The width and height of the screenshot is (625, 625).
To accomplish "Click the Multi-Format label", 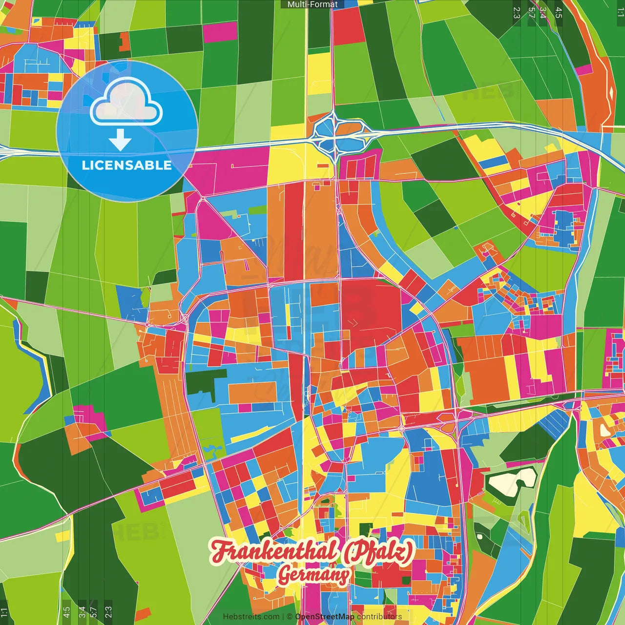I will point(312,4).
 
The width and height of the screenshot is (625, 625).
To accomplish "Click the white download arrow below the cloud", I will point(120,140).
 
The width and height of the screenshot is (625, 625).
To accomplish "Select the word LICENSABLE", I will point(126,165).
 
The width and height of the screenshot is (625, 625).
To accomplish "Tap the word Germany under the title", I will point(314,575).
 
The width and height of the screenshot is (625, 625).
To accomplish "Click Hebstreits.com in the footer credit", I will point(251,617).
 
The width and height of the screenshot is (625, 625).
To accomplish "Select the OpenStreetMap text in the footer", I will point(324,617).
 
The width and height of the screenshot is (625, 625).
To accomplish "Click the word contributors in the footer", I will point(379,617).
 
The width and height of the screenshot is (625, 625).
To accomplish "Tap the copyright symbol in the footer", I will point(290,617).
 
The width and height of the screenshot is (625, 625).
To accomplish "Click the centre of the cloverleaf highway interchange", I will point(335,131).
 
